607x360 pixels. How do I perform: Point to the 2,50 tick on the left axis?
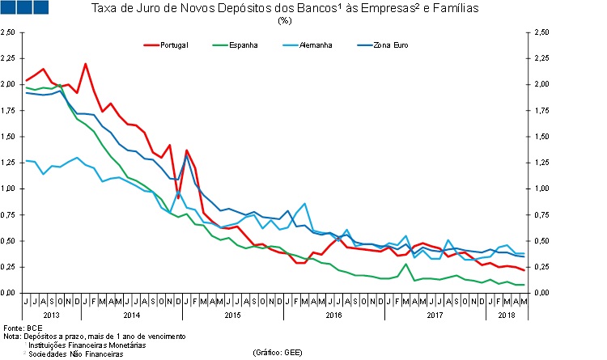point(8,32)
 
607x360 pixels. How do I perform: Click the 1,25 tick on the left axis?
point(8,137)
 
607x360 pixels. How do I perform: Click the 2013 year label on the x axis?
point(50,314)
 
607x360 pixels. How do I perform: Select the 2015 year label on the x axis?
point(233,314)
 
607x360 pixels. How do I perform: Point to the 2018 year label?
point(507,314)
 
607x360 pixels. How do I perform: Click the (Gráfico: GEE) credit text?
point(278,353)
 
